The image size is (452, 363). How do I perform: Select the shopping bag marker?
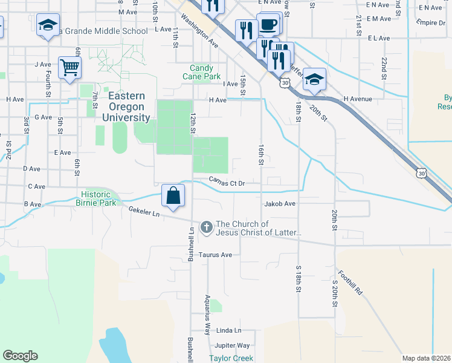(x=173, y=195)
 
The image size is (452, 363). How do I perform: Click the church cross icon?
(x=206, y=227)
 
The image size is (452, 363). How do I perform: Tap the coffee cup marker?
(x=269, y=25)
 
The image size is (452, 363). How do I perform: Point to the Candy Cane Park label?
(x=202, y=73)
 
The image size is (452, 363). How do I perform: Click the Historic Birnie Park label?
(x=98, y=198)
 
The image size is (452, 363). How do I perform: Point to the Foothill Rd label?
(x=350, y=282)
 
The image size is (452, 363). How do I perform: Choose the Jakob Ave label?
(x=279, y=204)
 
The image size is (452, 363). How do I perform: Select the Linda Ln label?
(x=228, y=330)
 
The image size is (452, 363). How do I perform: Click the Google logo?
(x=20, y=356)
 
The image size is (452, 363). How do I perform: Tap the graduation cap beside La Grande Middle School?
(x=48, y=25)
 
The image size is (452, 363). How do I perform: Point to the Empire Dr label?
(x=430, y=22)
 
